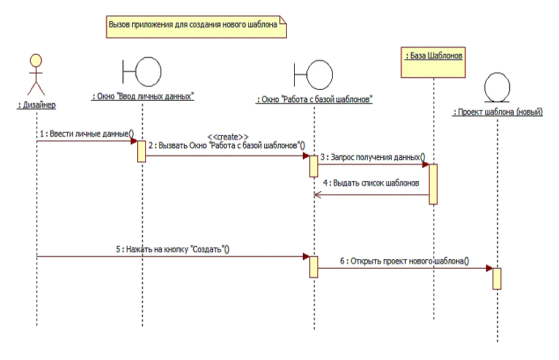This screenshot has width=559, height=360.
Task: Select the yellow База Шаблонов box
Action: pyautogui.click(x=433, y=64)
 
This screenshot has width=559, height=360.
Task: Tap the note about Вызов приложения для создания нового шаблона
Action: pyautogui.click(x=193, y=25)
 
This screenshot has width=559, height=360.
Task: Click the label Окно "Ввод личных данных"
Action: pyautogui.click(x=143, y=96)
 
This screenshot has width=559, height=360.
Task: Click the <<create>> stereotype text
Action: pyautogui.click(x=228, y=137)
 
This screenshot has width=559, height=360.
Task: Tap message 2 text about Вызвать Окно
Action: pyautogui.click(x=226, y=145)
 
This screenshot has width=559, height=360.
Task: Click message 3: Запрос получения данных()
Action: pyautogui.click(x=372, y=156)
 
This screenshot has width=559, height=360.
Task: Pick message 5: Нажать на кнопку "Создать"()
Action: pyautogui.click(x=173, y=249)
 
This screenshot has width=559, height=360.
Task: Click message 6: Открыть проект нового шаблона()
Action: pyautogui.click(x=404, y=260)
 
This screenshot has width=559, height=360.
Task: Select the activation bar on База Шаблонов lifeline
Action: pyautogui.click(x=433, y=183)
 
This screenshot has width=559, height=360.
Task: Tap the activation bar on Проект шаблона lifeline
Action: pyautogui.click(x=497, y=278)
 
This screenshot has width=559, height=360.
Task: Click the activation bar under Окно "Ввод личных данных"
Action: pyautogui.click(x=141, y=151)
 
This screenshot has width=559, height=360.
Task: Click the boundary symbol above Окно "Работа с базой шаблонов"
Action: pyautogui.click(x=314, y=74)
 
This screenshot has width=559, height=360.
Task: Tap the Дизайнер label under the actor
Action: pyautogui.click(x=36, y=105)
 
